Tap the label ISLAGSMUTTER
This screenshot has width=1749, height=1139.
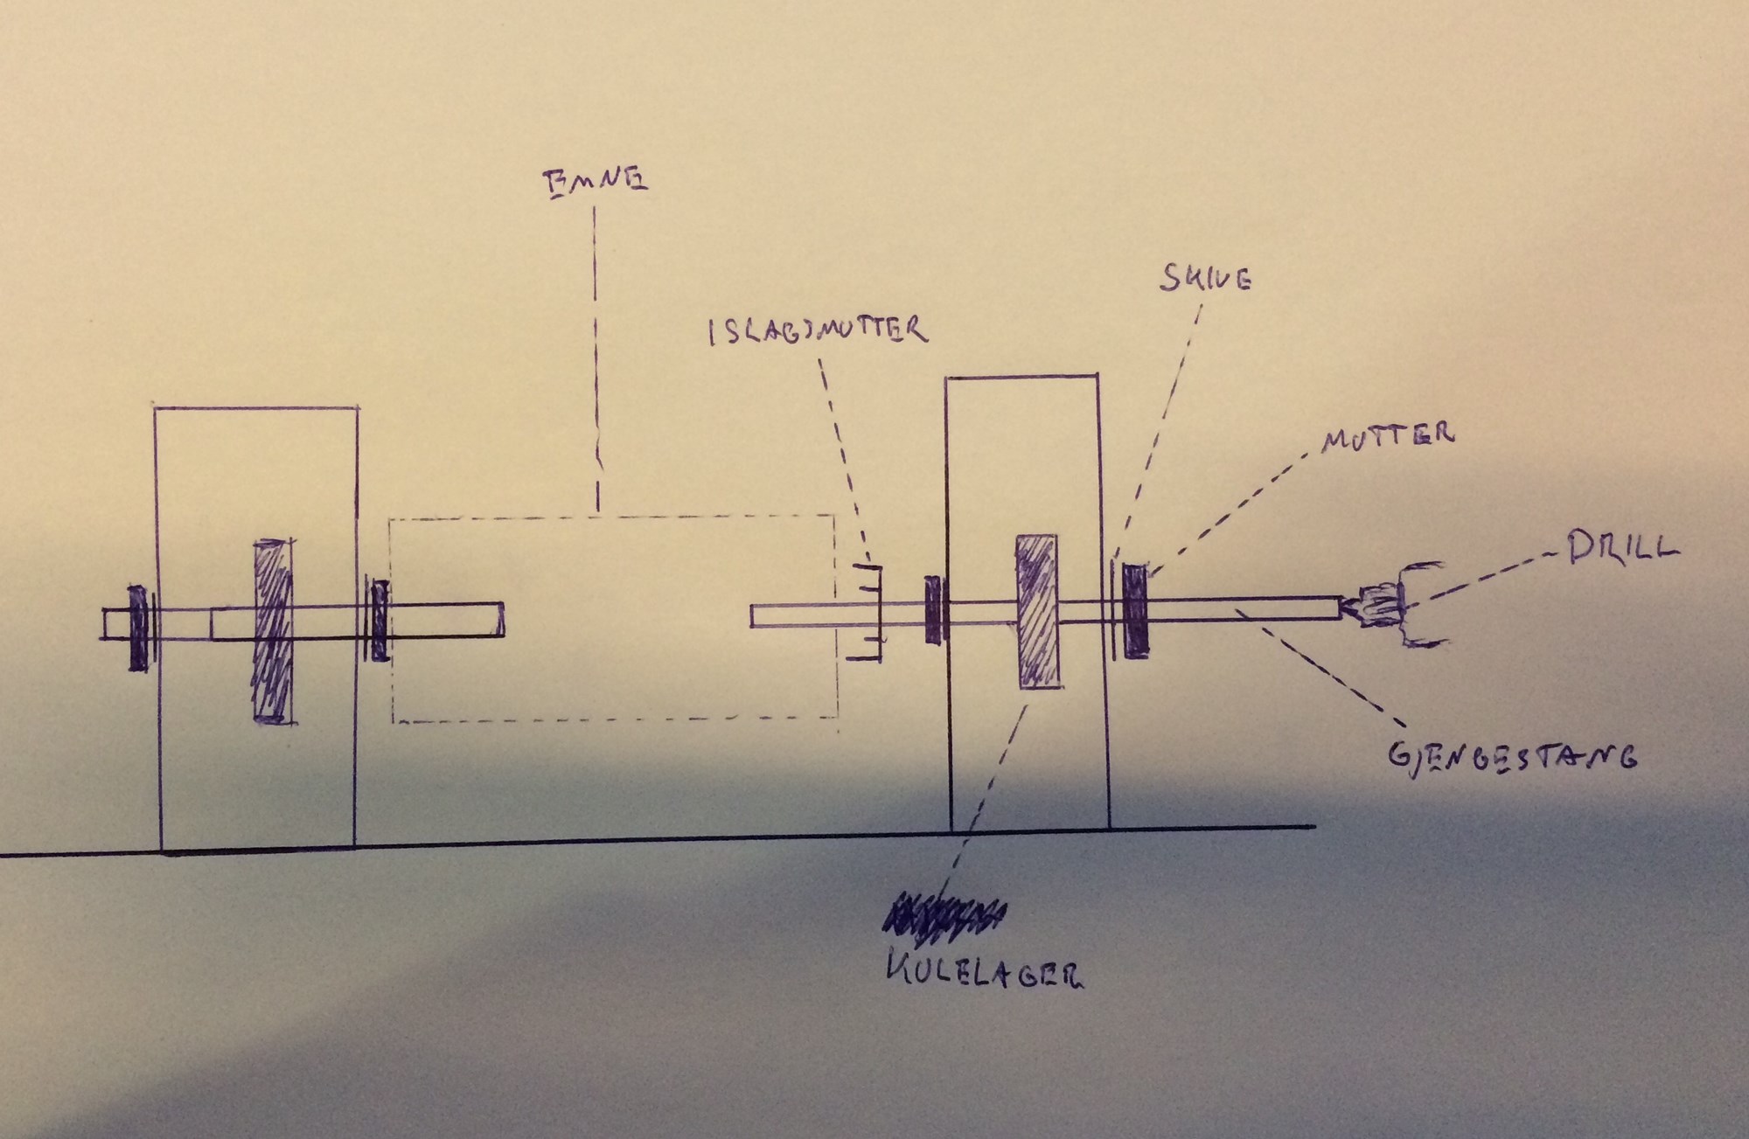click(x=818, y=331)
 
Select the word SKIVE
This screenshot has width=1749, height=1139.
click(x=1204, y=278)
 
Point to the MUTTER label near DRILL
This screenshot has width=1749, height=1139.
click(x=1388, y=435)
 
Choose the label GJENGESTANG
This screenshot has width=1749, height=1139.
click(x=1512, y=755)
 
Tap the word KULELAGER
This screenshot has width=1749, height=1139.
click(x=983, y=972)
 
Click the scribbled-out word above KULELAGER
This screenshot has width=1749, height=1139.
click(x=942, y=920)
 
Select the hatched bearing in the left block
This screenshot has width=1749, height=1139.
click(x=271, y=631)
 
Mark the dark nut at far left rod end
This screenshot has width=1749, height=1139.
click(x=138, y=627)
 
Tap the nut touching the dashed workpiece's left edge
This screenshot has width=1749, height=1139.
click(x=380, y=619)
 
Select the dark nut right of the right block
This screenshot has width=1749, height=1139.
click(x=1134, y=611)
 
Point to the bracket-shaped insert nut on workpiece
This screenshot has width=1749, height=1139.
click(x=868, y=612)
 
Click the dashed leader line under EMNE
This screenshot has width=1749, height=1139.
click(x=596, y=350)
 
